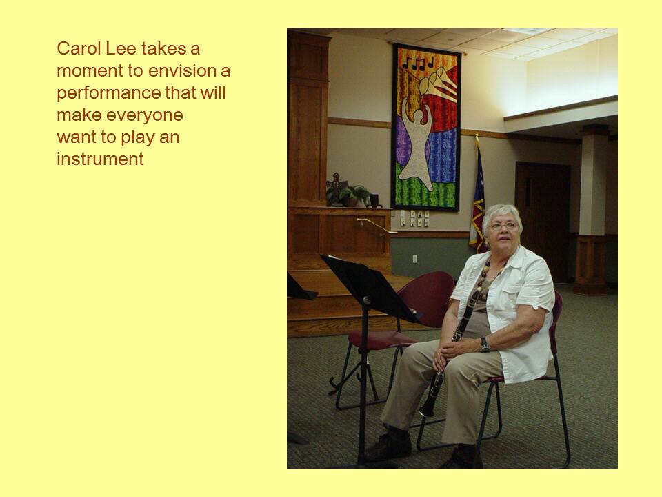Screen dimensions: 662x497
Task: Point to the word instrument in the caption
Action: coord(100,159)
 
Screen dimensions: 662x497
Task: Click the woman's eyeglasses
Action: coord(503,226)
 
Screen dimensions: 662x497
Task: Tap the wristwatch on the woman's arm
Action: coord(485,344)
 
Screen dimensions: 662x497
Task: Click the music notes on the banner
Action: coord(418,64)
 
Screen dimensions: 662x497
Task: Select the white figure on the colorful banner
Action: coord(417,144)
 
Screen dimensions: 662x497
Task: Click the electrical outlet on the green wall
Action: coord(414,259)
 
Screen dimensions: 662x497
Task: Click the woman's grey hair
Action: coord(503,215)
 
